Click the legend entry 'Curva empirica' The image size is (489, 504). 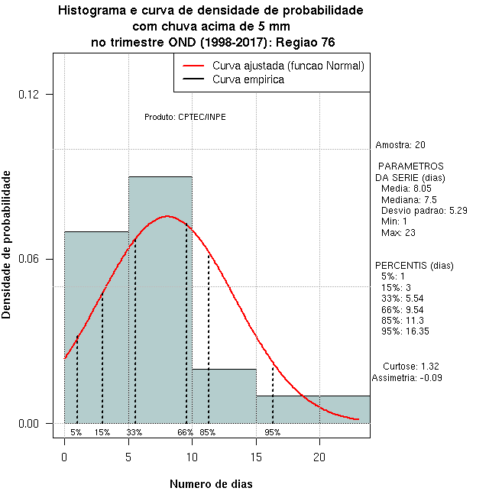[x=248, y=79]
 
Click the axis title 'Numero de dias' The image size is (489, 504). [x=210, y=484]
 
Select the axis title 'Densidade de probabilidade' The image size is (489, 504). [x=7, y=244]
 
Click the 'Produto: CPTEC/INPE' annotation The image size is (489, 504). [x=185, y=117]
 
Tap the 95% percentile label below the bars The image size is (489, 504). [x=273, y=432]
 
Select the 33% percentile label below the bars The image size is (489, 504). [x=134, y=432]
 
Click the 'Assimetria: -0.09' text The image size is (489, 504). [x=407, y=377]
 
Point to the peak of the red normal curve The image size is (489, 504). [x=167, y=216]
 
